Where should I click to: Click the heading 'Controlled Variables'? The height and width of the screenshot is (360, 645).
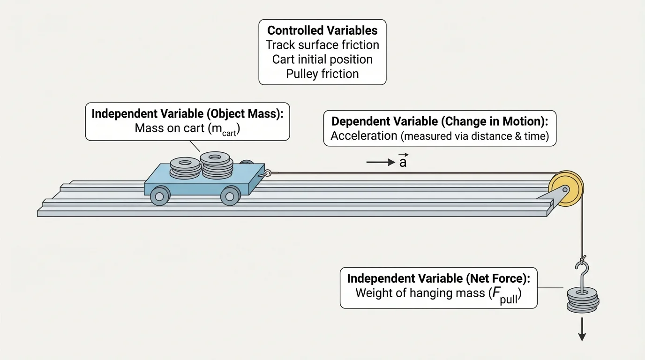click(322, 31)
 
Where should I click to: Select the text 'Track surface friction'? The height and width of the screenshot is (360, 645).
click(322, 45)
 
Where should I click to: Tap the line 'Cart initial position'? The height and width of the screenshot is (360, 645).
click(322, 60)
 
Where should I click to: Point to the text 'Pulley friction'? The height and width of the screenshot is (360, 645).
click(322, 74)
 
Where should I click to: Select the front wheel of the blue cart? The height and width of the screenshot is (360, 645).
click(230, 195)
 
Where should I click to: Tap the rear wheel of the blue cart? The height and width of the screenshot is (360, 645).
click(160, 195)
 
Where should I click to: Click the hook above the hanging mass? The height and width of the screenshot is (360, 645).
click(582, 272)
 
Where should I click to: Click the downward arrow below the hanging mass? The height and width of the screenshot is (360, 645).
click(582, 330)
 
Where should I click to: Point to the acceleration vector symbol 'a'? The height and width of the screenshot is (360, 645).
click(403, 162)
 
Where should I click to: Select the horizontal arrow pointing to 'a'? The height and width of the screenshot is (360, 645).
click(381, 163)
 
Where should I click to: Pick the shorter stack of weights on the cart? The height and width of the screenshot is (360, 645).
click(184, 169)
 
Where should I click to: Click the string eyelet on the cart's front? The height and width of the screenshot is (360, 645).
click(268, 174)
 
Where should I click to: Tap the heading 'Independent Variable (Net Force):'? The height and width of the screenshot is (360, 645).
click(438, 278)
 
